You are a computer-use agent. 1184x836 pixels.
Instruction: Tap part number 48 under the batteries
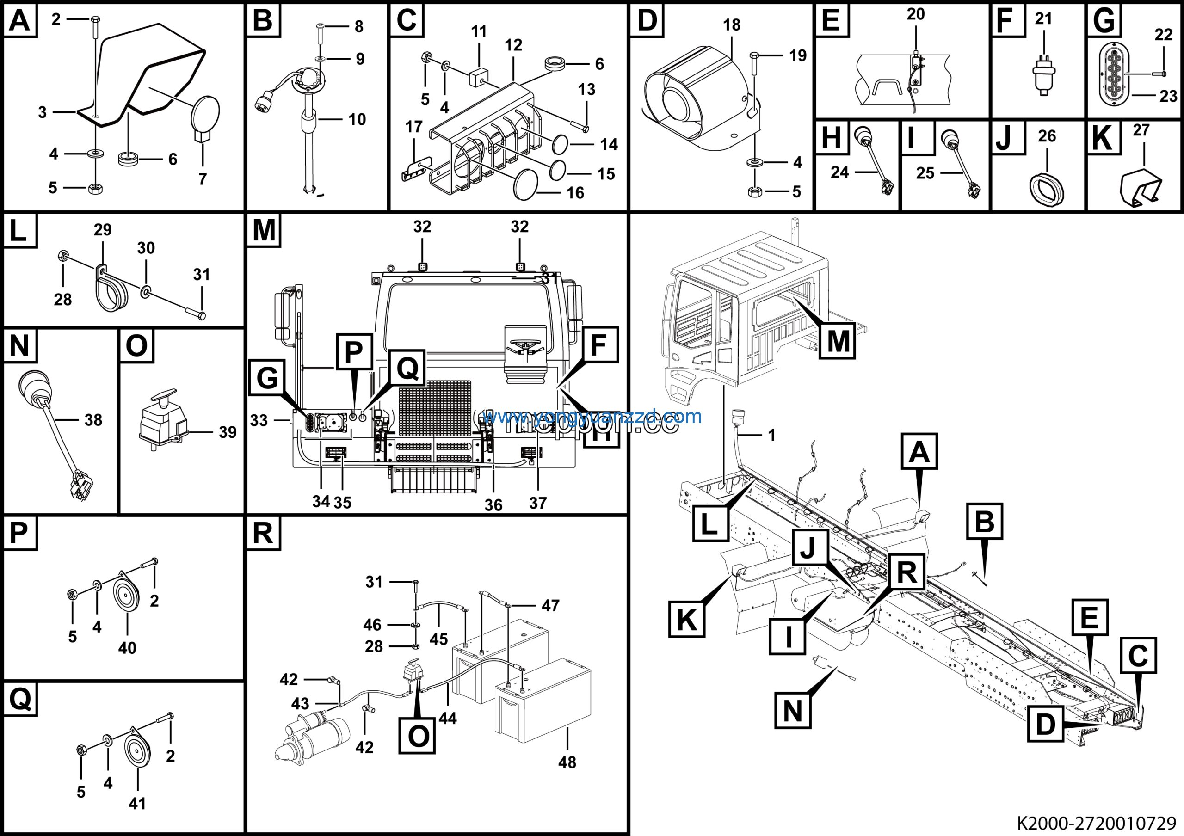coord(567,762)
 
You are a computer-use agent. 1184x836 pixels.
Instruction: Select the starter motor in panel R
coord(313,737)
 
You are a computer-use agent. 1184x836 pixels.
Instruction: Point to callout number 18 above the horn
coord(731,25)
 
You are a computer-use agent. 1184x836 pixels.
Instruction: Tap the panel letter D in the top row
coord(647,21)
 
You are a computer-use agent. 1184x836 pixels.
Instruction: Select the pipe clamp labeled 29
coord(111,291)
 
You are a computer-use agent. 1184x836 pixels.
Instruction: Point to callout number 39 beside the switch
coord(228,432)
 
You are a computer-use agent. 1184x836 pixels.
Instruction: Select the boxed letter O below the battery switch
coord(418,736)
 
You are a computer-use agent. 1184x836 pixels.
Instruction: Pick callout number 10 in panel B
coord(357,120)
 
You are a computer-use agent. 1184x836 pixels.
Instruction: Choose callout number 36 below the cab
coord(493,505)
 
